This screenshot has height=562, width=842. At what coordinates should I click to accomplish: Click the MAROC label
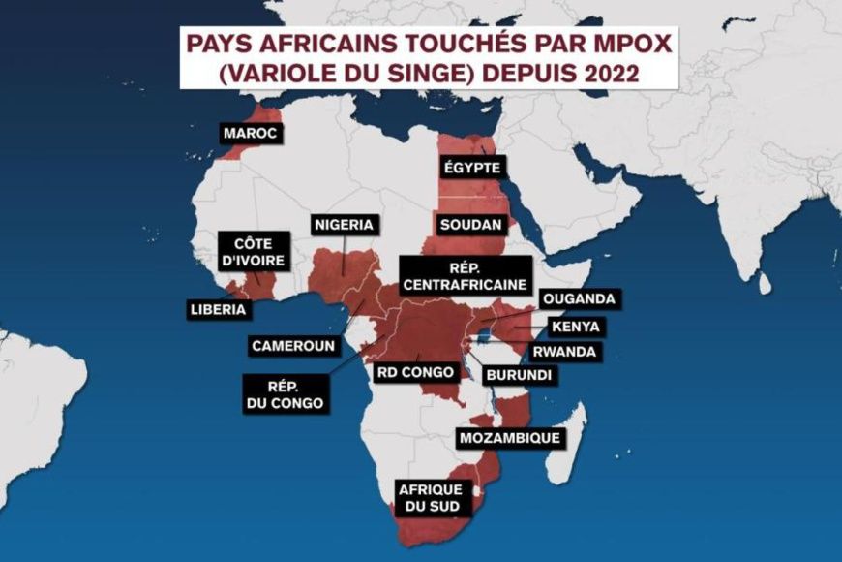[x=251, y=133]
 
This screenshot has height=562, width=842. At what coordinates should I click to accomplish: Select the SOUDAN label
[x=470, y=224]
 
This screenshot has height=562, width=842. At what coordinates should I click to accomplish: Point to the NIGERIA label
[x=343, y=225]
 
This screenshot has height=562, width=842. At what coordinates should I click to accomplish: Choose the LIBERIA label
[x=220, y=310]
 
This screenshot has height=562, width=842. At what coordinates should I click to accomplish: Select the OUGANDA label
[x=578, y=298]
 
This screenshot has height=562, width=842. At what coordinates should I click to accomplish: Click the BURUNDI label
[x=519, y=375]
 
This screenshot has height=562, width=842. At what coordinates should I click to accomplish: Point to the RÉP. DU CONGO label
[x=286, y=391]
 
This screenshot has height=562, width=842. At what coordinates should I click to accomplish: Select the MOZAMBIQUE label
[x=509, y=438]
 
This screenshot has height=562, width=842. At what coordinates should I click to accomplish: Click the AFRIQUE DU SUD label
[x=431, y=497]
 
